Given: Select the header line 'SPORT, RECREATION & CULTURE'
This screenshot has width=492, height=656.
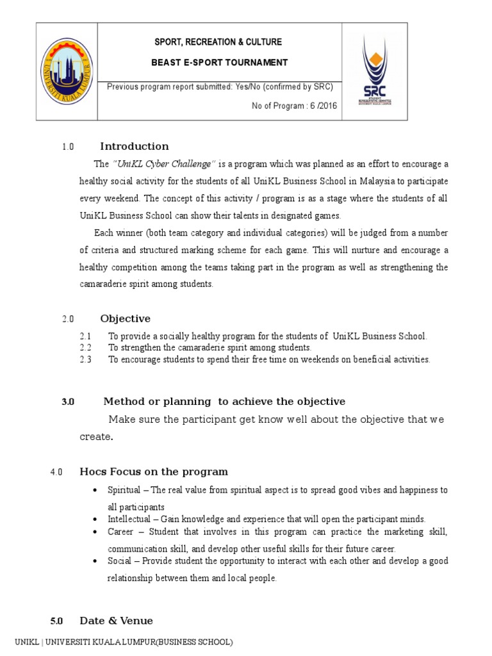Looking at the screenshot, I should tap(219, 42).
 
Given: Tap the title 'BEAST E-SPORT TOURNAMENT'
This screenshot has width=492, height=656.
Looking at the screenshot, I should tap(219, 62).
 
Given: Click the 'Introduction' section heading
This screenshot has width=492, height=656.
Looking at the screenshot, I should tap(135, 146).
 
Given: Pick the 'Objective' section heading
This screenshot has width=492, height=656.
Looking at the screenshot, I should tap(125, 318).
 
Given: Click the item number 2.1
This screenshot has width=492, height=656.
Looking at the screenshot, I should tap(86, 336).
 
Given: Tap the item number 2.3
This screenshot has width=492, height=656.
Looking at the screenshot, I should tap(86, 359).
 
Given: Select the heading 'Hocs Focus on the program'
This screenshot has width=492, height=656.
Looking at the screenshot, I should tap(154, 472).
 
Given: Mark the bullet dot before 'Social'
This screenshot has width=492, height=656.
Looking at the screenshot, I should tap(95, 561).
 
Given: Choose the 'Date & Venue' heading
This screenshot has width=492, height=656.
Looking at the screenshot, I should tap(116, 621).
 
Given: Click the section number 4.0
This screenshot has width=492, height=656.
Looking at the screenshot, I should tap(56, 473).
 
